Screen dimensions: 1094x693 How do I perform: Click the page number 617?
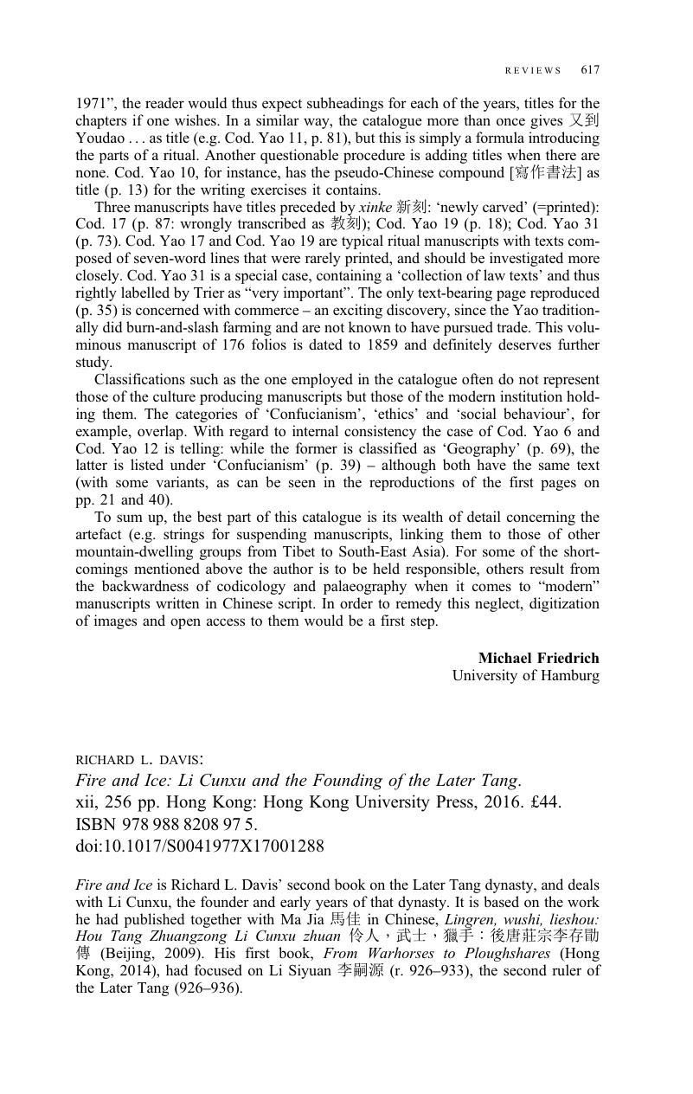(590, 70)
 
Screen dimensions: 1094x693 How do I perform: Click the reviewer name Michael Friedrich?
(538, 658)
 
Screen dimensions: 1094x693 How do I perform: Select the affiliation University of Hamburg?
(525, 675)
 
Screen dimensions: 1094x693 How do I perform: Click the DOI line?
(200, 846)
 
